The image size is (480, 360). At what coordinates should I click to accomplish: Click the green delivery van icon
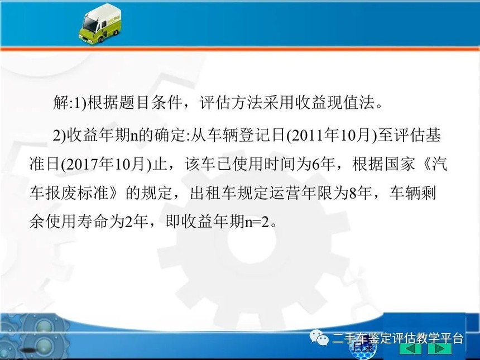click(x=100, y=24)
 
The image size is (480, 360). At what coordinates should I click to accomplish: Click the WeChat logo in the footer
click(x=319, y=337)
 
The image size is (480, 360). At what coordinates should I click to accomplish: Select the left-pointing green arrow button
click(x=410, y=348)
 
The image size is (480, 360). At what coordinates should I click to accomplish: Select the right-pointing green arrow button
click(x=440, y=348)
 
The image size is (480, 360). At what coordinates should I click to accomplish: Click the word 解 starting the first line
click(x=61, y=102)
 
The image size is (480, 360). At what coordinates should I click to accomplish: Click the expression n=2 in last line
click(x=257, y=222)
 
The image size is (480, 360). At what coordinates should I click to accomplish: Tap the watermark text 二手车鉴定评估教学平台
click(x=397, y=339)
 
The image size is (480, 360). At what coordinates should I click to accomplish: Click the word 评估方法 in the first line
click(x=231, y=102)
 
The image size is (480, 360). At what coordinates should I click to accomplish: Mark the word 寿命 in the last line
click(x=93, y=222)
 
